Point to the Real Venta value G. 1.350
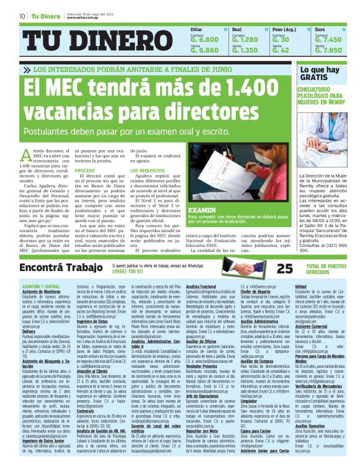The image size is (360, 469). (x=245, y=50)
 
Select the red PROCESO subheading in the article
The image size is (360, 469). (x=85, y=170)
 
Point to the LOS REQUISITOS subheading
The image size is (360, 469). (x=152, y=170)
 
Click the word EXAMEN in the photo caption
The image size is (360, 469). (x=202, y=211)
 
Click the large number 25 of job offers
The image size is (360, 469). (x=284, y=268)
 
